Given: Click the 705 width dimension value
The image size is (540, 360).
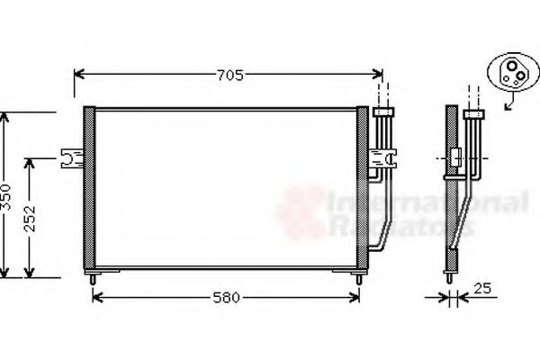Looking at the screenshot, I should pos(229,76).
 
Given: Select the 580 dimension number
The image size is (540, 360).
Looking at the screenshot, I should pos(226,297).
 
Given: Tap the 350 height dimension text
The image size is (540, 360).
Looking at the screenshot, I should pos(5,196).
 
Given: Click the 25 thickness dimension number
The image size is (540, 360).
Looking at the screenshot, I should pos(482,289).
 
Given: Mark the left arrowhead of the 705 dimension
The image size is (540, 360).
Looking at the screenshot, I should pos(78,75).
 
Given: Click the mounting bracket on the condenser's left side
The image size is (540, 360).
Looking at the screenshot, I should pos(71,158).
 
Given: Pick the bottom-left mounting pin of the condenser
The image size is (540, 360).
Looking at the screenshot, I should pos(93,278).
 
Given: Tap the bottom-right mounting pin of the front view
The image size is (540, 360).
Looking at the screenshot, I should pos(359,278).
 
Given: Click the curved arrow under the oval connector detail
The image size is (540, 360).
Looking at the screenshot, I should pos(511,103).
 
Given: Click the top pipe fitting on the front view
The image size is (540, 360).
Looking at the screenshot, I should pos(383,112).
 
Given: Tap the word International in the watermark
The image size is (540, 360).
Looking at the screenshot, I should pos(427,202).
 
